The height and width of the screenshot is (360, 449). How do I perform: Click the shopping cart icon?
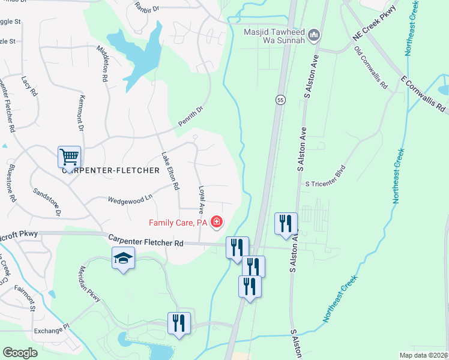[x=69, y=157]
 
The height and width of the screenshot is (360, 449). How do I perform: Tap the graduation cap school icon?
[x=123, y=259]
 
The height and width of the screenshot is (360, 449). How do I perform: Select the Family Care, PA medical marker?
[x=216, y=223]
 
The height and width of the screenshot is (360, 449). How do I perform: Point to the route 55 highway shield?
[x=280, y=100]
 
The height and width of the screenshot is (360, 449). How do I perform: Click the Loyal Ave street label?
[x=202, y=200]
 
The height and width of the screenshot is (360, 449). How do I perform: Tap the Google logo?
[x=20, y=353]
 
